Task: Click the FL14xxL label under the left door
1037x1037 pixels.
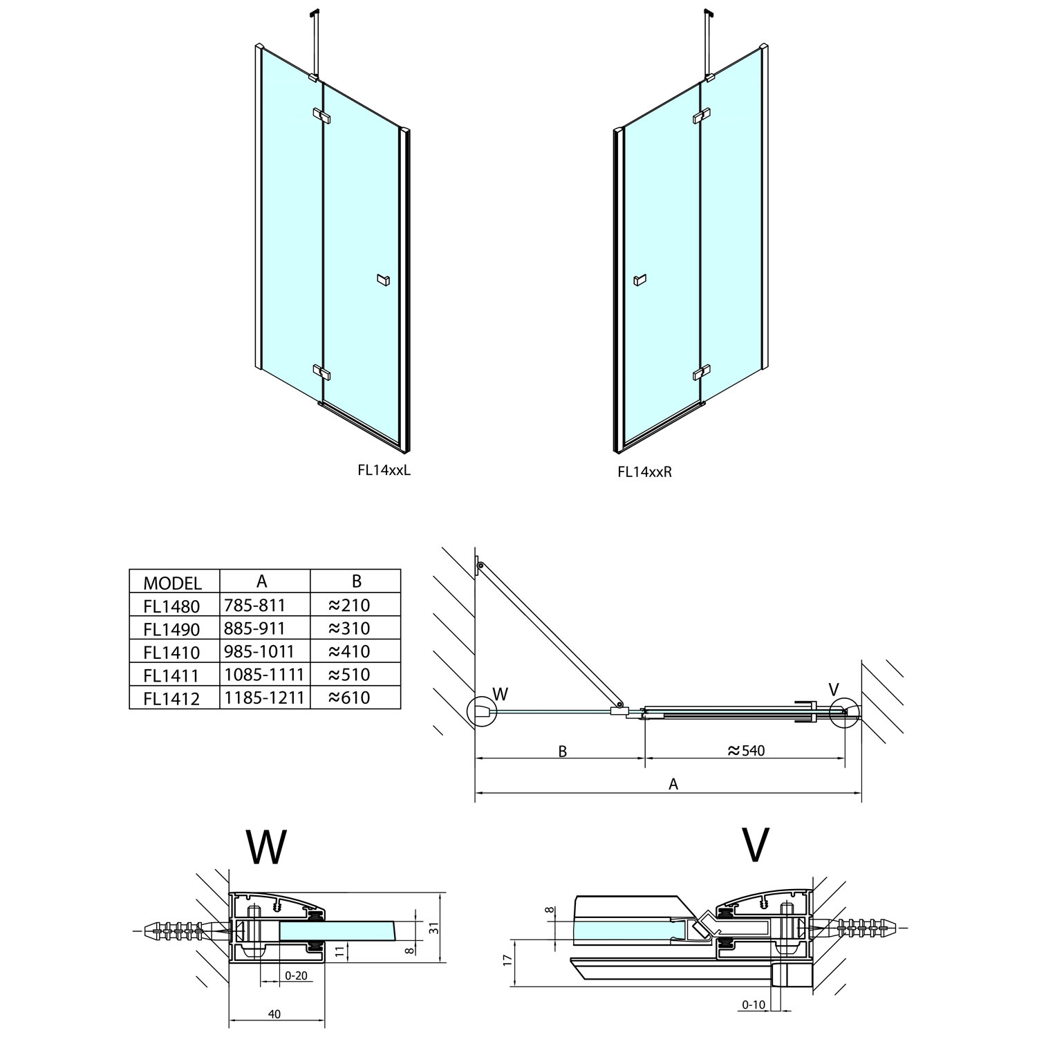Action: pos(384,470)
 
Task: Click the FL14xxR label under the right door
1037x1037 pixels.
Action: pos(644,471)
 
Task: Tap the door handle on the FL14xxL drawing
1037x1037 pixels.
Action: pos(384,279)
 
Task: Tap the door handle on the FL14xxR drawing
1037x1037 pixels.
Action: pos(639,280)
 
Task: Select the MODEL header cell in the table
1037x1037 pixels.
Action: pos(172,582)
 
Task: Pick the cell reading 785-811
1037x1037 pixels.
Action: pos(254,606)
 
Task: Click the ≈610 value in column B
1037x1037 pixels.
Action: pos(349,698)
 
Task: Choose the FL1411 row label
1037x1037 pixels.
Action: pos(171,675)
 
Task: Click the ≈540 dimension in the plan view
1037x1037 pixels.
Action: pos(747,751)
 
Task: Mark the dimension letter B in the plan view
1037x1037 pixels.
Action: pos(562,751)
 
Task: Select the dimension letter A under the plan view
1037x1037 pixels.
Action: pos(673,784)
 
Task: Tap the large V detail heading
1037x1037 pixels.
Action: pos(755,845)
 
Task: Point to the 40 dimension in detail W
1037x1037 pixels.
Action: pos(274,1014)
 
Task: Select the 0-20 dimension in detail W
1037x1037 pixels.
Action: pos(296,975)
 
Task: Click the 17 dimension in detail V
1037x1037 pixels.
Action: pos(507,961)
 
